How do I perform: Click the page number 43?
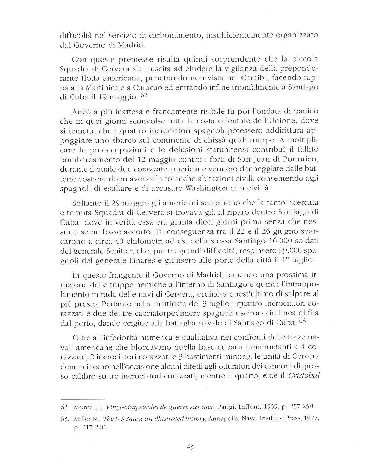pos(189,447)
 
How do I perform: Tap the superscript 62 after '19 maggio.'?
pos(144,96)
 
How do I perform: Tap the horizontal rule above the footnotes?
pos(83,398)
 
